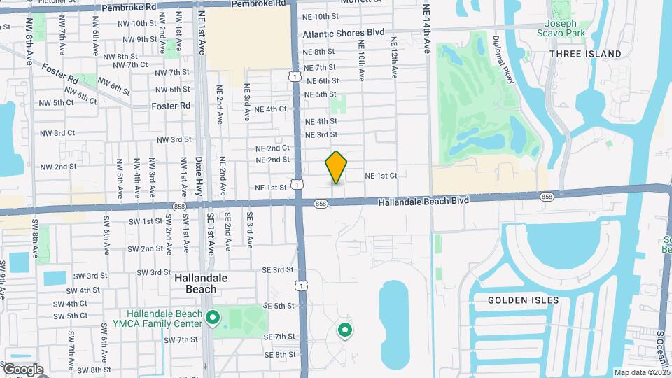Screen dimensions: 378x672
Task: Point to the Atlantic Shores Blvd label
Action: click(344, 33)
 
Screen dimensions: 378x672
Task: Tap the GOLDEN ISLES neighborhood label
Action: click(524, 300)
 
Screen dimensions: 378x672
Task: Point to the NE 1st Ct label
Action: click(381, 175)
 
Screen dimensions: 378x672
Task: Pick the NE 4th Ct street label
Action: click(271, 109)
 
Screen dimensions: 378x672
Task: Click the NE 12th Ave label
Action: click(394, 63)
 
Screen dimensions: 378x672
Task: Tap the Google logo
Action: click(22, 370)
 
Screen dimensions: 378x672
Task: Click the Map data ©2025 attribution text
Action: click(641, 372)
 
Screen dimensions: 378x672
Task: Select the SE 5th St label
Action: click(279, 306)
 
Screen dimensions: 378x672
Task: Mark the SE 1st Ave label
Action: click(210, 231)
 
